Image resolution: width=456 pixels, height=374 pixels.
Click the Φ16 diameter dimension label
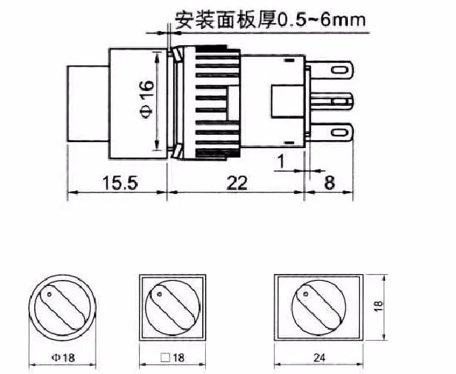point(147,99)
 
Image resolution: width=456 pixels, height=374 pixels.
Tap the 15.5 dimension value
point(119,183)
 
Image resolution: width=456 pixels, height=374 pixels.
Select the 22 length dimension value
point(237,183)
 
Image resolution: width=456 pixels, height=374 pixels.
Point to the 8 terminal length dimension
point(329,183)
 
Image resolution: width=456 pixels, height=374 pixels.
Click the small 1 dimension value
point(281,161)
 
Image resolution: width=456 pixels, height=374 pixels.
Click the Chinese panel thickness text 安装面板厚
point(225,19)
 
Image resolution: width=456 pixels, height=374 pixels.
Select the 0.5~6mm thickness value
point(321,20)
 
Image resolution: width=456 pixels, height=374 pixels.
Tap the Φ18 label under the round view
point(63,358)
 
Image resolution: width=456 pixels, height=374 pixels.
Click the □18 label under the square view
point(172,358)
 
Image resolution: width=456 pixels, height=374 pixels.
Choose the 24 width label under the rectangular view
point(319,358)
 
